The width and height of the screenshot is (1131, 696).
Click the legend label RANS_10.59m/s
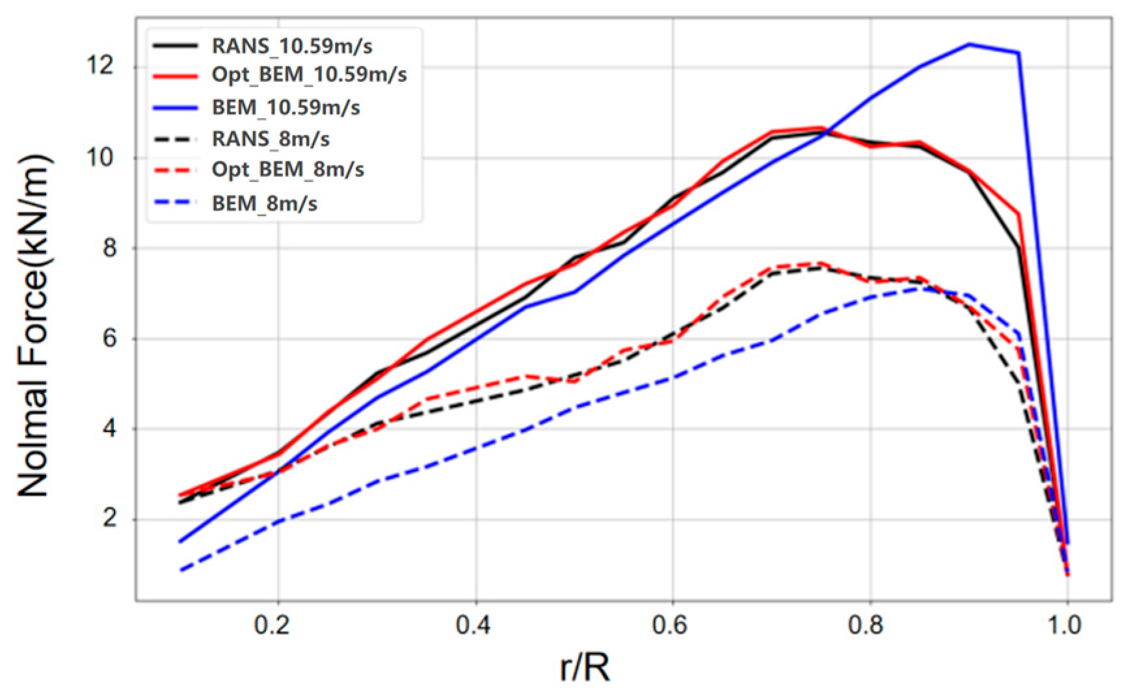(292, 46)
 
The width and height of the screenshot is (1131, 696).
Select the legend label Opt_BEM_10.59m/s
(309, 75)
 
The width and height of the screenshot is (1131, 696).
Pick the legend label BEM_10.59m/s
(286, 107)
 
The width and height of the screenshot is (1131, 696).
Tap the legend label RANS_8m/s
(271, 139)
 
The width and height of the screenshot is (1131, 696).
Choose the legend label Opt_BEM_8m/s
(287, 170)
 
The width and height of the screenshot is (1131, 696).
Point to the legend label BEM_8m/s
(264, 204)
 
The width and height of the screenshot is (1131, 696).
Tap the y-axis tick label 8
(108, 248)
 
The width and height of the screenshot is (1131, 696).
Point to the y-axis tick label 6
(108, 338)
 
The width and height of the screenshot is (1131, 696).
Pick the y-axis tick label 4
(108, 429)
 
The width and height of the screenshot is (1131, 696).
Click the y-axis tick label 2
(108, 519)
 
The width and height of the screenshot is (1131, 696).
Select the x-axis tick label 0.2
(278, 625)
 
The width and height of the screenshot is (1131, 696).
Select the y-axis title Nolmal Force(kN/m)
(34, 325)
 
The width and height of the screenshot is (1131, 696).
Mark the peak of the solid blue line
(969, 44)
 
